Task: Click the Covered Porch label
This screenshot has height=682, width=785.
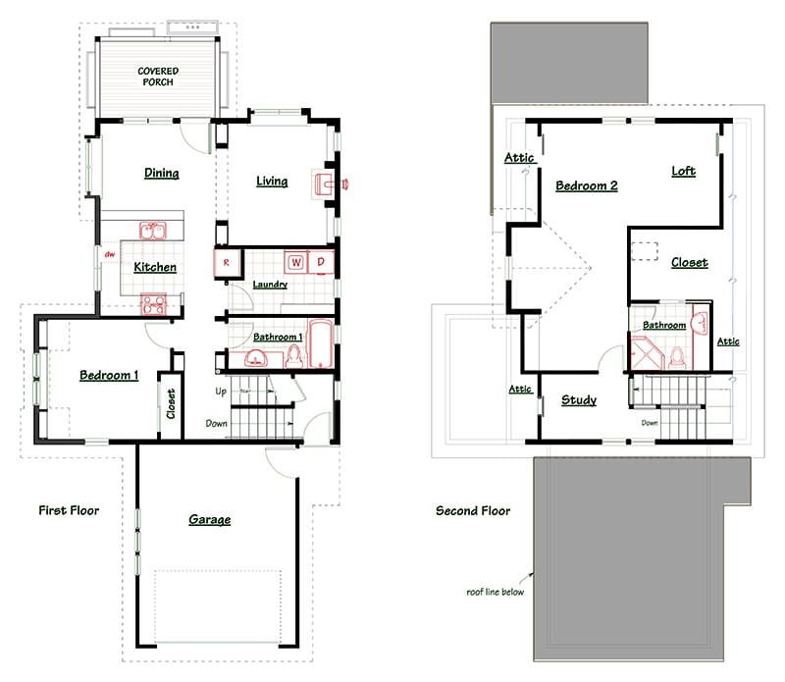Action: pos(158,77)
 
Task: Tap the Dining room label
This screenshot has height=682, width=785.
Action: pos(161,173)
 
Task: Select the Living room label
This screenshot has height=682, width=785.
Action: pos(272,181)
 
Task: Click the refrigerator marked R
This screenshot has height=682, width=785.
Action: pos(228,263)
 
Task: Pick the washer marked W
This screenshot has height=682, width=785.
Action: pos(296,262)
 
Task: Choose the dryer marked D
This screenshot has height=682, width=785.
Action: pos(321,262)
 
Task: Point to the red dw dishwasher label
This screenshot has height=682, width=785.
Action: pos(110,254)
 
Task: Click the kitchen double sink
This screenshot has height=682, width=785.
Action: pos(153,232)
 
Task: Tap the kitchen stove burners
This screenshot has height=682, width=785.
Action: pos(153,304)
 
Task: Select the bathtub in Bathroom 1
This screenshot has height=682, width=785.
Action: pos(321,343)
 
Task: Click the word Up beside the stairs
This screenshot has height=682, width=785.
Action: pos(221,392)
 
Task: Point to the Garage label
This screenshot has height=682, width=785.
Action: pos(210,520)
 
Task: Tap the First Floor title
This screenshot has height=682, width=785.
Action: pos(69,510)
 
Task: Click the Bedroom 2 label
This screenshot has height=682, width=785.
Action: pos(586,185)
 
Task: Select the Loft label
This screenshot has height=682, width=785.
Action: pos(683,172)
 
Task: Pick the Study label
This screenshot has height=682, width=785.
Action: pos(579,400)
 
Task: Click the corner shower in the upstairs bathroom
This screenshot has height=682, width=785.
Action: pos(646,353)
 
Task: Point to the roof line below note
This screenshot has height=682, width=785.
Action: pos(496,592)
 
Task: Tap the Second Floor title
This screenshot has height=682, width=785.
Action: pos(473,510)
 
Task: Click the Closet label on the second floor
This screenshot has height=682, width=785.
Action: pos(690,262)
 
